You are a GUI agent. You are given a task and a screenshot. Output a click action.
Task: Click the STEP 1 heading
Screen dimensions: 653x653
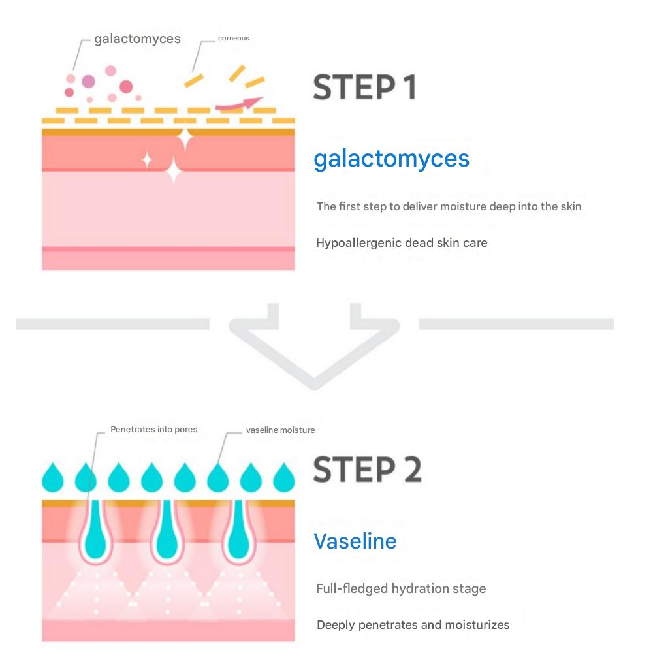coord(364,88)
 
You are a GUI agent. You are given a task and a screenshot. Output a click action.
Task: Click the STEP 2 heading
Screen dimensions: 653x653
coord(367,469)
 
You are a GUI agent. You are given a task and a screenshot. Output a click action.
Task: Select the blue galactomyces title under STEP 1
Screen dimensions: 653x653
coord(391,159)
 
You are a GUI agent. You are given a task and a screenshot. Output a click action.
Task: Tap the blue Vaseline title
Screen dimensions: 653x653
coord(355,541)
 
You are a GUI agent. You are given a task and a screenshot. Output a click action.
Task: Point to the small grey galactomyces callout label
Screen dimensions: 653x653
coord(137,39)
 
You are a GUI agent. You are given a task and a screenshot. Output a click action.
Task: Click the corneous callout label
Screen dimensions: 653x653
coord(233,39)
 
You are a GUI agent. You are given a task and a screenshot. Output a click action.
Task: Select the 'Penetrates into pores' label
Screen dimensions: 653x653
coord(153,430)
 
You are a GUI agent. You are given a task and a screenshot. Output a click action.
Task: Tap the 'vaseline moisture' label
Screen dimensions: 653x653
coord(280,430)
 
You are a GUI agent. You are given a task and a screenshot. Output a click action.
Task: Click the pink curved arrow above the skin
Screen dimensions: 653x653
coord(239,103)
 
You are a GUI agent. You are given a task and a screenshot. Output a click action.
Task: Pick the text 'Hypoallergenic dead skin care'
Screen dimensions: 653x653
coord(402,243)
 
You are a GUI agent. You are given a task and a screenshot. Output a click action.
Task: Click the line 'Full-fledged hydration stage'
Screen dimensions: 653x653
coord(401,588)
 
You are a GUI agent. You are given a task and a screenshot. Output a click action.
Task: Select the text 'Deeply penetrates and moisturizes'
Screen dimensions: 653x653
coord(413,625)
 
